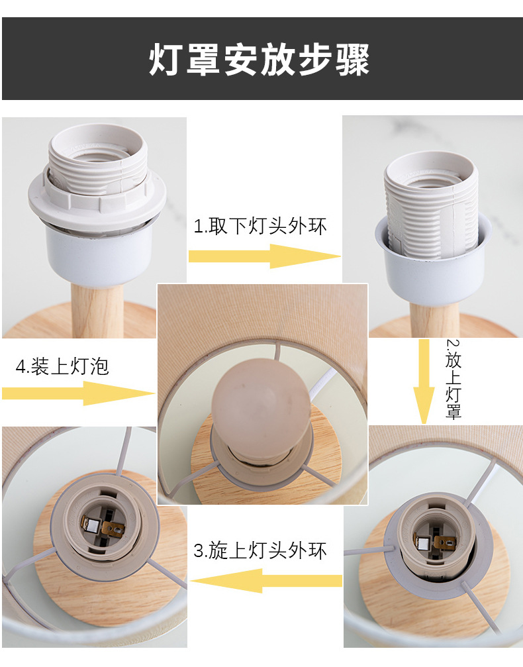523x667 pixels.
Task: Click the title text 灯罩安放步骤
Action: [259, 59]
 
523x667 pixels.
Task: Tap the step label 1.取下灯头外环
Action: [260, 226]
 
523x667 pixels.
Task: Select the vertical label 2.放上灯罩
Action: [453, 379]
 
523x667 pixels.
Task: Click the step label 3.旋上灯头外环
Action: [260, 550]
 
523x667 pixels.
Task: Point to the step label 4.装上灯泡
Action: [62, 366]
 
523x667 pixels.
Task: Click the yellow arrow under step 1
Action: [264, 256]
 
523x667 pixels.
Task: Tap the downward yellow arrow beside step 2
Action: [424, 382]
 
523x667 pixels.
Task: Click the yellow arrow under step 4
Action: [78, 393]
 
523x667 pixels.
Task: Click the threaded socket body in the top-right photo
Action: [431, 203]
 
